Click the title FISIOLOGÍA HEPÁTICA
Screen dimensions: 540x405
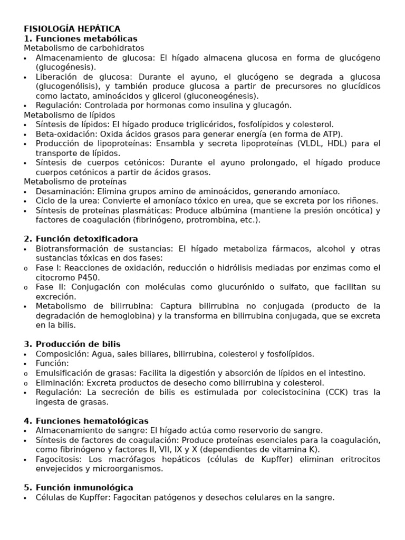(x=72, y=29)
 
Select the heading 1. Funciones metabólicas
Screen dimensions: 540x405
(x=81, y=38)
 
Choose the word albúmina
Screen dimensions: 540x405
(x=224, y=210)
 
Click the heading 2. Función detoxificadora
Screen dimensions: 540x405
(x=81, y=239)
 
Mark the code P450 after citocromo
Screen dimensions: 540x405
(x=88, y=277)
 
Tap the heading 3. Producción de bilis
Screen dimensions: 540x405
(x=72, y=344)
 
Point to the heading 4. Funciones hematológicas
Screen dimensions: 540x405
(x=86, y=421)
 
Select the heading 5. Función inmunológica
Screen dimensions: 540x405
(x=79, y=488)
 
